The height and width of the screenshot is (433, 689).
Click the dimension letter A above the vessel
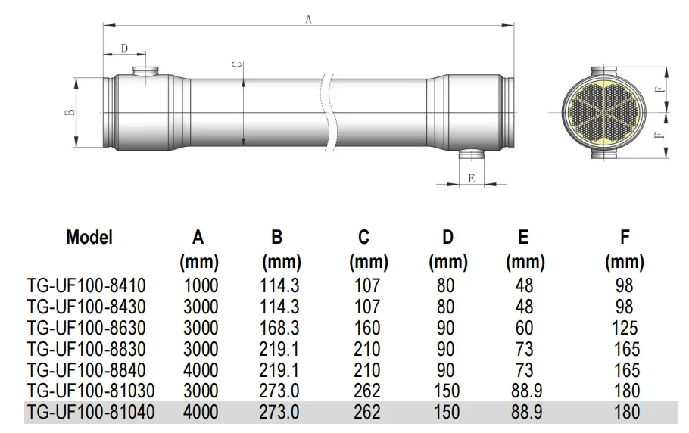pos(308,20)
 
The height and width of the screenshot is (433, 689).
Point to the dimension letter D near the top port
pos(124,48)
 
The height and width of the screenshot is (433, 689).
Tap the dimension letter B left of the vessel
pos(70,112)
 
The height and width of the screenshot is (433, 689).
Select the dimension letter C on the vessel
pos(236,66)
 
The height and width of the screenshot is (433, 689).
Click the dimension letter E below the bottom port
pos(471,179)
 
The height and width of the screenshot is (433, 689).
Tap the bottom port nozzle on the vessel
pos(472,155)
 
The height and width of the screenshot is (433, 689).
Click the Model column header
pos(89,237)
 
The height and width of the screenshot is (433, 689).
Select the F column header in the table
pos(625,237)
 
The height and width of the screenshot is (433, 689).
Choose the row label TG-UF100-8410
pos(86,287)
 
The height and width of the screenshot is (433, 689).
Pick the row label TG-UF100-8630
pos(86,329)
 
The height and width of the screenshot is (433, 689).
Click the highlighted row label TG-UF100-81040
pos(89,413)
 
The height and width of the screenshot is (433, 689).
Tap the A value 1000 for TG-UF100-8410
pos(200,287)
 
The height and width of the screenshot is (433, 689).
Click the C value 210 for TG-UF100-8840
pos(368,371)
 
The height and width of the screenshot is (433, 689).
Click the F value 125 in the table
pos(625,329)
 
